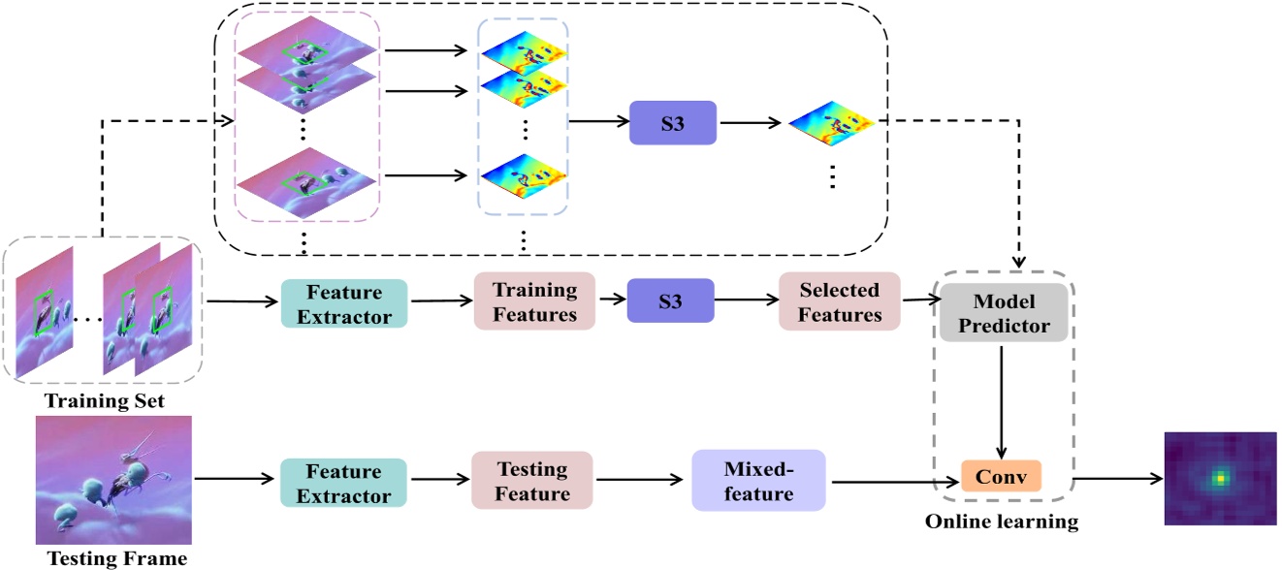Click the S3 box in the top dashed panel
(x=672, y=123)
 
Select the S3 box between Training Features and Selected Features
(x=670, y=301)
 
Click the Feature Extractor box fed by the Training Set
(x=343, y=302)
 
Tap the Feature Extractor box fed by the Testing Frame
(x=343, y=482)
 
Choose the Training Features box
(x=534, y=301)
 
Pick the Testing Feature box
(x=532, y=481)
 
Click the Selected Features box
(x=840, y=301)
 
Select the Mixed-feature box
(x=757, y=481)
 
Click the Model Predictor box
(x=1003, y=314)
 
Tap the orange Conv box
(x=1001, y=476)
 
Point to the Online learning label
(x=1001, y=522)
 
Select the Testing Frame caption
(x=116, y=558)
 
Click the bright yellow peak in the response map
(x=1221, y=478)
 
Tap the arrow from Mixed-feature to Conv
(x=892, y=481)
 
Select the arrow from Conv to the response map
(x=1115, y=478)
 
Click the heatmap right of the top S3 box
(x=831, y=124)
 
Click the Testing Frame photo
(x=113, y=480)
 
